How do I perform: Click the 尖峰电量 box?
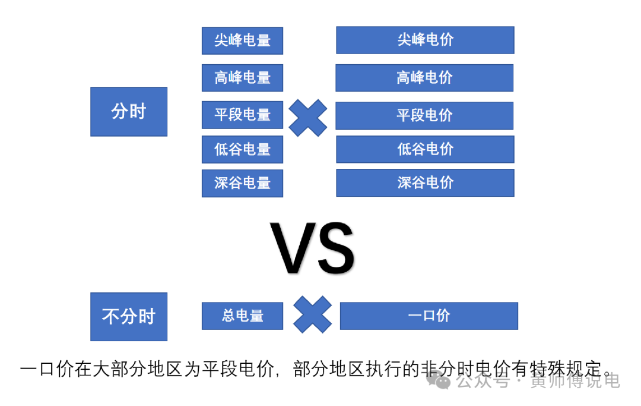(242, 40)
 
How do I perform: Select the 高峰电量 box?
(242, 77)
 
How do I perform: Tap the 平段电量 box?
(242, 115)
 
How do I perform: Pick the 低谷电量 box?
(242, 149)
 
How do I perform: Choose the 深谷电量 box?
(242, 183)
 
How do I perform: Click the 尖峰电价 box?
(425, 40)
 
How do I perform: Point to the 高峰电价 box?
(424, 77)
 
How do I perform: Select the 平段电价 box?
(424, 115)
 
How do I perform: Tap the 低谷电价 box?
(425, 149)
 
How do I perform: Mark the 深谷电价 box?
(425, 182)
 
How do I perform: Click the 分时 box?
(129, 112)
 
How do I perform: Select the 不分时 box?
(129, 316)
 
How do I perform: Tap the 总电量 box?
(242, 316)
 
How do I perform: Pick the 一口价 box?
(429, 316)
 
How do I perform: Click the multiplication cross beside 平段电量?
(307, 118)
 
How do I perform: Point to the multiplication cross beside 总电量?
(313, 314)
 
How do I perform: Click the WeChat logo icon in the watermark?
(442, 380)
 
